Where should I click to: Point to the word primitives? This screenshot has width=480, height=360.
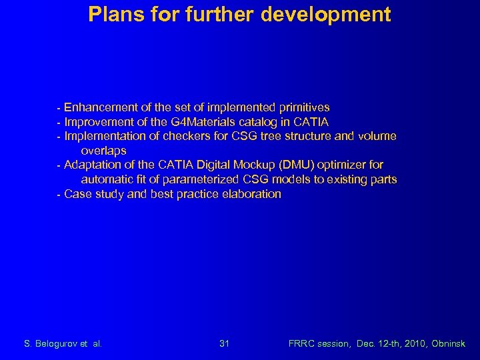click(305, 107)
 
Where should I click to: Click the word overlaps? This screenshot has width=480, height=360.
click(103, 151)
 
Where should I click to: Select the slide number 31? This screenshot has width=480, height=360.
click(225, 344)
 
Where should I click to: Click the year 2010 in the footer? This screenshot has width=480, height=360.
click(411, 344)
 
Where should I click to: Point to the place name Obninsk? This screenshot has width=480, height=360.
click(449, 344)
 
